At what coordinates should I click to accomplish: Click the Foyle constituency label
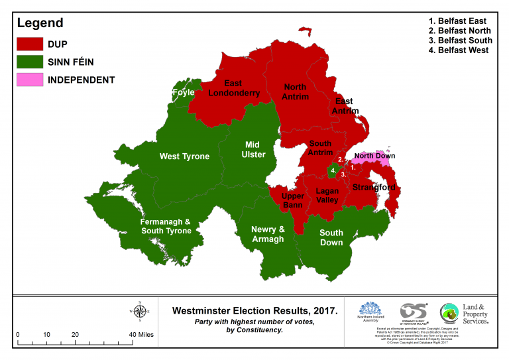pos(183,93)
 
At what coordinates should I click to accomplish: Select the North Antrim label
pos(296,92)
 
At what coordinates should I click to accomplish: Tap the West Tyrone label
pos(184,156)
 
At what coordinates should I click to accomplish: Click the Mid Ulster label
pos(252,149)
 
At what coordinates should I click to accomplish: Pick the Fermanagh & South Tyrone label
pos(166,226)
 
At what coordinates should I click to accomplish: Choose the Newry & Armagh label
pos(267,234)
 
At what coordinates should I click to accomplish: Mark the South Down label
pos(331,237)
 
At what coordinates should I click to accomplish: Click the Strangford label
pos(374,188)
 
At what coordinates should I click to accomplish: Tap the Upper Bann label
pos(292,200)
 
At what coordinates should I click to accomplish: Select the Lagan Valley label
pos(327,196)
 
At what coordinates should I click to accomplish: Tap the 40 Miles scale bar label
pos(140,335)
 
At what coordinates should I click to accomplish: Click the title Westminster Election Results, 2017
pos(254,310)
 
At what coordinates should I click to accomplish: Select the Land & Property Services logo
pos(464,314)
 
